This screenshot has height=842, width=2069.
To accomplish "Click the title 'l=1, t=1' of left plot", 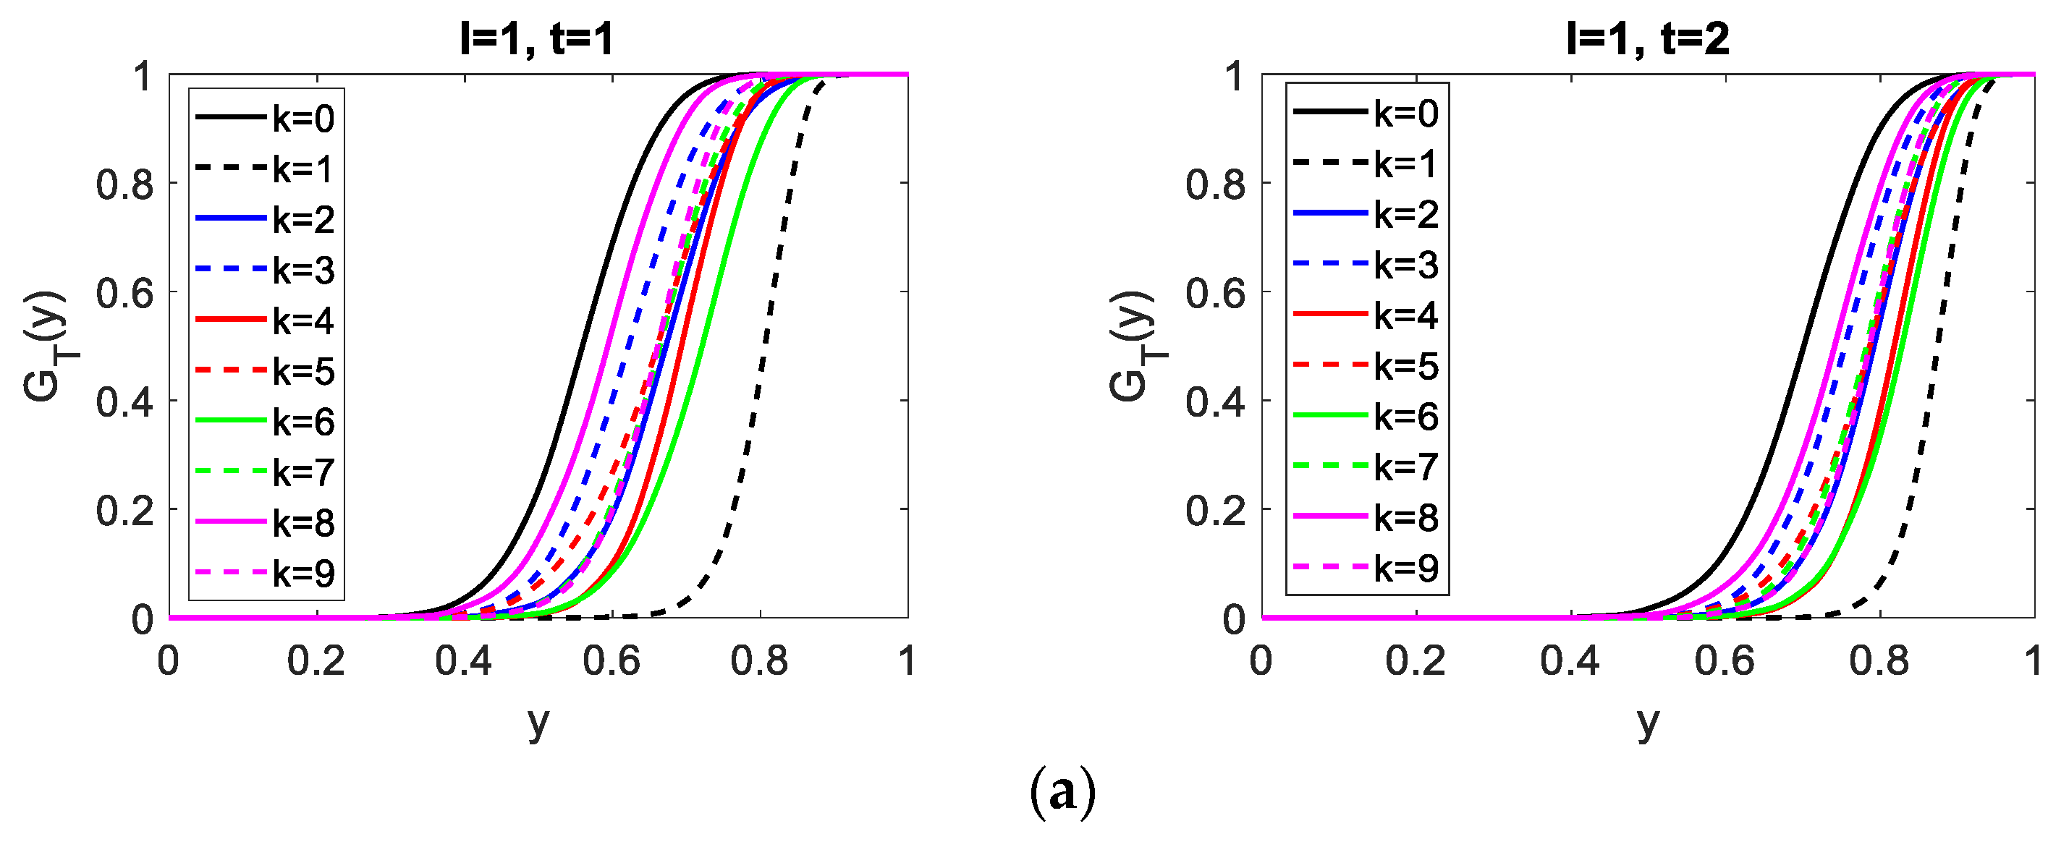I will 536,38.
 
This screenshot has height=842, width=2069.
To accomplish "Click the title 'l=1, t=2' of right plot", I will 1647,38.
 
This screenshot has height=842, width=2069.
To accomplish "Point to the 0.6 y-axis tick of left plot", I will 124,294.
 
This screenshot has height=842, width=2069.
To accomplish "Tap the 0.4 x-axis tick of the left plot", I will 463,661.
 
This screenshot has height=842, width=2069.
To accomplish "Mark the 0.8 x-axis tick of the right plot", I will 1879,661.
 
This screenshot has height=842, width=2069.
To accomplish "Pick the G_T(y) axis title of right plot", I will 1132,345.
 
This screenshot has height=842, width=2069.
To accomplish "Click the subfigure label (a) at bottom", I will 1062,793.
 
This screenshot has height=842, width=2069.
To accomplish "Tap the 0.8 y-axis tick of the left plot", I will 124,185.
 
